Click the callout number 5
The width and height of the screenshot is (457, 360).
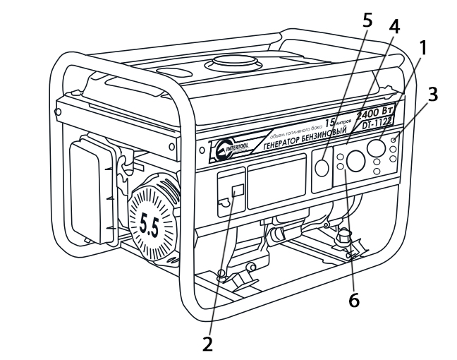[x=367, y=19]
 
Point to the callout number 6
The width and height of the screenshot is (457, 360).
[x=353, y=299]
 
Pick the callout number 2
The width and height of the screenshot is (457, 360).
[x=207, y=344]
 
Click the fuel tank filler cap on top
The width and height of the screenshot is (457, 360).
[x=229, y=63]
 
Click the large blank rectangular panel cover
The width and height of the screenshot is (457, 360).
[x=276, y=181]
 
